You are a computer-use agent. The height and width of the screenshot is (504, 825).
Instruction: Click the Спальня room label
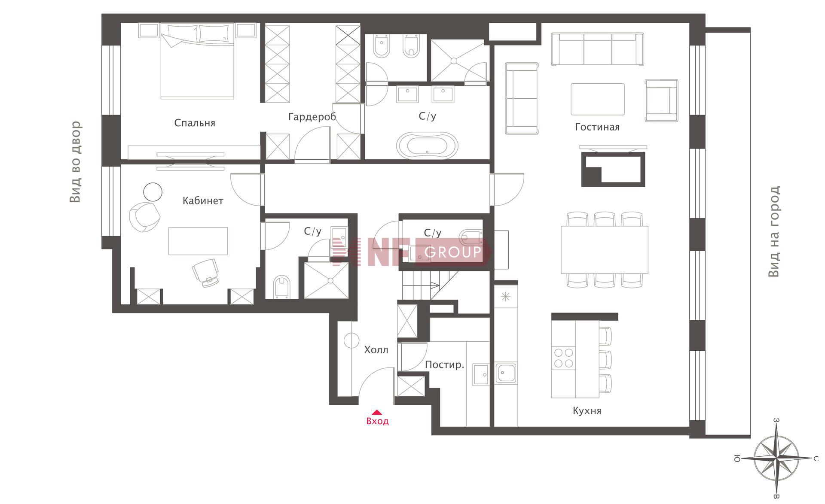[195, 123]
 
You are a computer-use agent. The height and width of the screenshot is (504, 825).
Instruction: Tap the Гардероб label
[312, 117]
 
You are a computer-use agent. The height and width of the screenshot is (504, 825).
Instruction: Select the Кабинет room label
[203, 200]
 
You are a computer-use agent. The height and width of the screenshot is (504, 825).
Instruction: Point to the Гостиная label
[597, 127]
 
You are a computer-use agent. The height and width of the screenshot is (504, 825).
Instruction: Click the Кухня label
[587, 411]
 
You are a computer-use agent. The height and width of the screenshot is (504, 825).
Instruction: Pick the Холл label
[376, 350]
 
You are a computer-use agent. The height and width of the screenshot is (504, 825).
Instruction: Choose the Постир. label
[445, 365]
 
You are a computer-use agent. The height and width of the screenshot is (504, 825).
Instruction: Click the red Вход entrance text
[377, 421]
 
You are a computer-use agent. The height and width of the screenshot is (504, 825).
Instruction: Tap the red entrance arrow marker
[377, 412]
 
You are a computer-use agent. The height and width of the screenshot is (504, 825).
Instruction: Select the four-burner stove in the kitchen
[564, 358]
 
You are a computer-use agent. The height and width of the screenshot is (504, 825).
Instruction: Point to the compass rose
[777, 458]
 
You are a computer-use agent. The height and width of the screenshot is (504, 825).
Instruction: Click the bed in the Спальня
[198, 61]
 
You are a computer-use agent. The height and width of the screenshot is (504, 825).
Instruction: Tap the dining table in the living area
[604, 249]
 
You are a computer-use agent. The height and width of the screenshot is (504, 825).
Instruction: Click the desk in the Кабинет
[198, 241]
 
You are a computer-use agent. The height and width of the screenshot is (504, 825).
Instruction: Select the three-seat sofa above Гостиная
[598, 49]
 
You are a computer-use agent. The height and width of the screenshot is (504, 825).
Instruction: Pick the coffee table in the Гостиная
[598, 99]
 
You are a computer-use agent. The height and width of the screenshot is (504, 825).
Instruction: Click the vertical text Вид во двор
[75, 162]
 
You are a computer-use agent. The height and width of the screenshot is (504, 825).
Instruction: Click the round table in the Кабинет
[153, 191]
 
